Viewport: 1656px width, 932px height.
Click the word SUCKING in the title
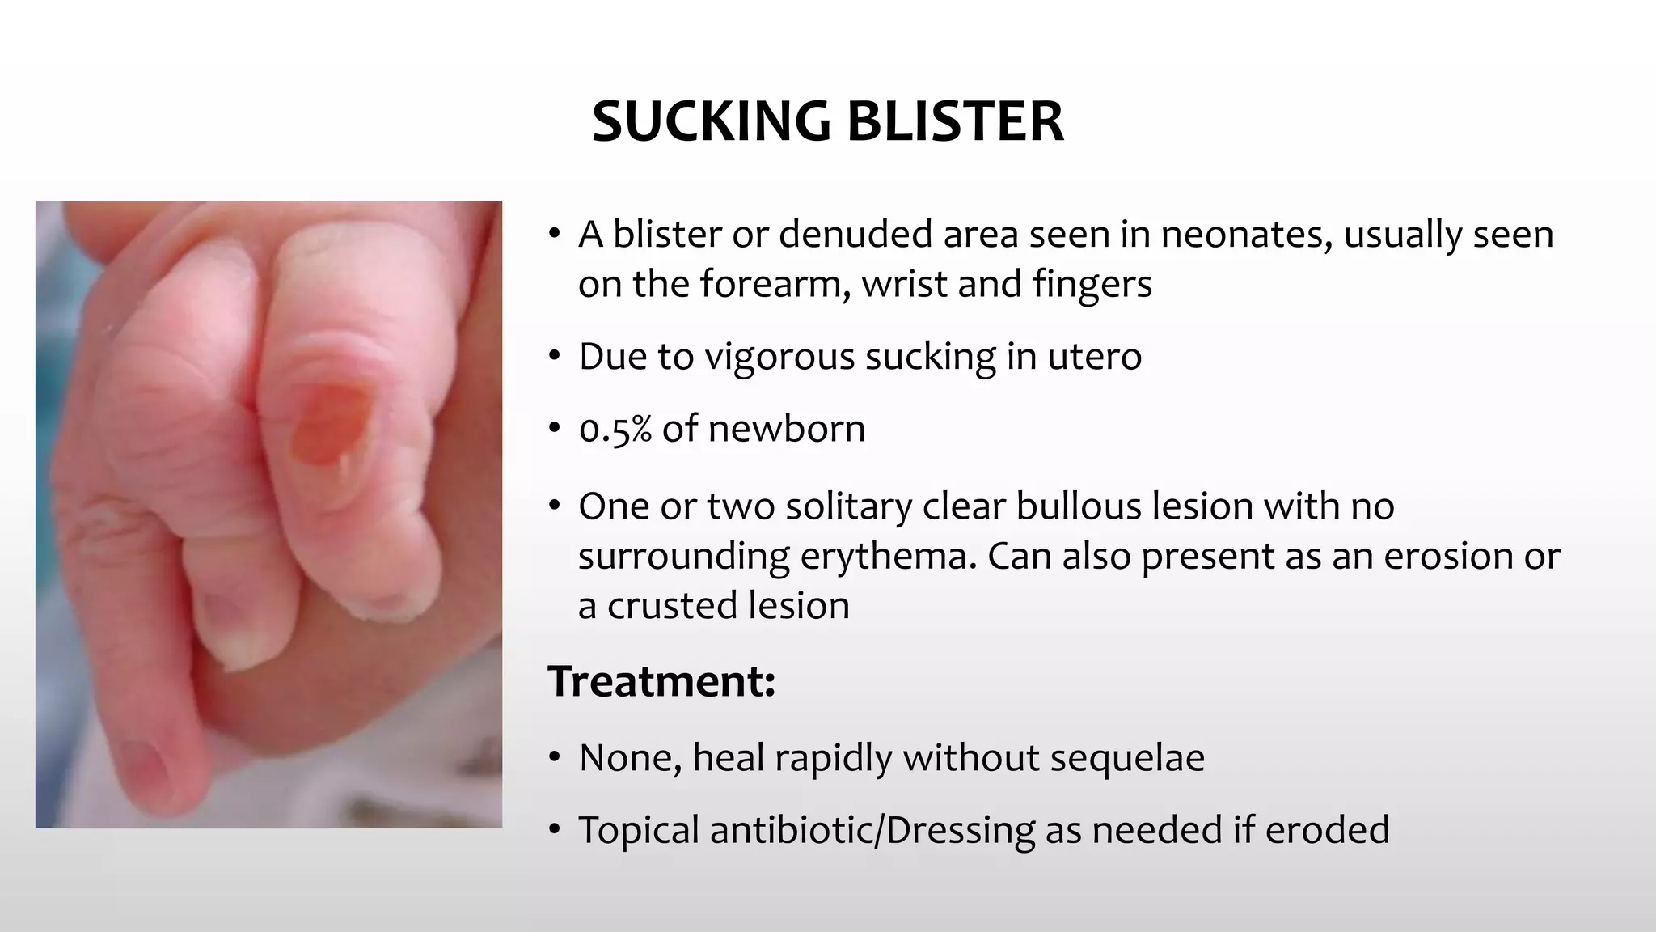710,121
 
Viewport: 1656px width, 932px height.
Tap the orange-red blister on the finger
332,423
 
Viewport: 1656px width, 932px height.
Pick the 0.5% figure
615,429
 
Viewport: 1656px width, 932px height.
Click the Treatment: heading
661,681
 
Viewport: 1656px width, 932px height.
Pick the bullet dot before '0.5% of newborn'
554,429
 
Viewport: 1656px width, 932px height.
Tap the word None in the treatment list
629,758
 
